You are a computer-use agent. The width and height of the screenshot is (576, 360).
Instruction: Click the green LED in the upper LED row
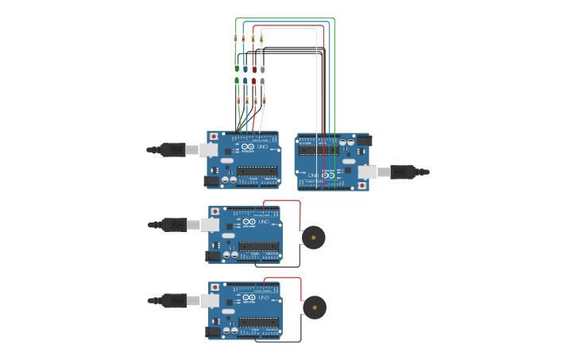[x=237, y=68]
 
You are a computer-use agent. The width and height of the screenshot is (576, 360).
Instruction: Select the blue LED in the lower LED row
[x=245, y=81]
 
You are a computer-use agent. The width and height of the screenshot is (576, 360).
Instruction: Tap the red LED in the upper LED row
[x=254, y=68]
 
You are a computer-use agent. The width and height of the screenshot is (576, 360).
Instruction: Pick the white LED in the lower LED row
[x=263, y=81]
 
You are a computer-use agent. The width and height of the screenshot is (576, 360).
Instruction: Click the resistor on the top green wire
[x=235, y=37]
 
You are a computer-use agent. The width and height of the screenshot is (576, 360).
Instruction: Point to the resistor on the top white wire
[x=261, y=37]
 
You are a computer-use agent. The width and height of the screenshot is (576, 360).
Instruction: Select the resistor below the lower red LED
[x=255, y=100]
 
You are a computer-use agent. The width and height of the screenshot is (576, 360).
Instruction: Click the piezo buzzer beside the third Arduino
[x=313, y=238]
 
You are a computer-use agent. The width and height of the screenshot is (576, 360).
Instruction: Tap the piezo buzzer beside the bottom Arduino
[x=314, y=308]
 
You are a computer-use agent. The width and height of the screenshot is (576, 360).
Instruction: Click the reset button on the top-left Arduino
[x=214, y=137]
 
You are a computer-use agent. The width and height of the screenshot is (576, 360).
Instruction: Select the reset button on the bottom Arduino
[x=215, y=286]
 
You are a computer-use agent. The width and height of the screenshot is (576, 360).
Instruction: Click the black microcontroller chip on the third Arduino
[x=258, y=246]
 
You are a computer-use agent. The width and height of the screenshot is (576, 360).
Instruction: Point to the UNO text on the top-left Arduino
[x=262, y=149]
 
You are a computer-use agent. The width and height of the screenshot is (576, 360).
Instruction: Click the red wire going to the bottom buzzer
[x=301, y=286]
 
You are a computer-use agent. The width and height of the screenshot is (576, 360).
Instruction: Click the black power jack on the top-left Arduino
[x=211, y=180]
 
